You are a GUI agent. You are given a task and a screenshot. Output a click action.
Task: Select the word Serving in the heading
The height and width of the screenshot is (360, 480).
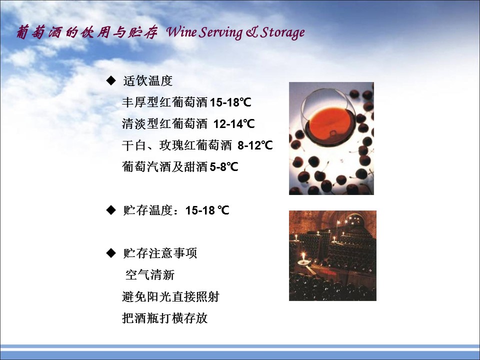coord(220,33)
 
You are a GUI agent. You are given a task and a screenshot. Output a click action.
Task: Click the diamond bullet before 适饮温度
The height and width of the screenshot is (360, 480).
coord(111,80)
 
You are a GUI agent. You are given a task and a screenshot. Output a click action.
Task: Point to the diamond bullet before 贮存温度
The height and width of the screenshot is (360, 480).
coord(111,210)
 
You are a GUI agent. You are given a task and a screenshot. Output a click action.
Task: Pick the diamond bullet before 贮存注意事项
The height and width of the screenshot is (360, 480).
coord(111,253)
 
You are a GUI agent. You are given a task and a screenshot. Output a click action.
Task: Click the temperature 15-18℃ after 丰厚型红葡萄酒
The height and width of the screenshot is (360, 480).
coord(230,102)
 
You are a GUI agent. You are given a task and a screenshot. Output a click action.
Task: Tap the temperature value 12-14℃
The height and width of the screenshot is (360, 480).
coord(234,123)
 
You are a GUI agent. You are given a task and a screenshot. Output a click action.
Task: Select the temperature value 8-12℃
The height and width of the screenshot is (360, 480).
coord(255,145)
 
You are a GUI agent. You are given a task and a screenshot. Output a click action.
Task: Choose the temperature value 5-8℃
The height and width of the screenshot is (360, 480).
coord(224,167)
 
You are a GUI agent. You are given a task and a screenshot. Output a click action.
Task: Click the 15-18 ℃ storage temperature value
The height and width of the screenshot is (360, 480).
coord(207,210)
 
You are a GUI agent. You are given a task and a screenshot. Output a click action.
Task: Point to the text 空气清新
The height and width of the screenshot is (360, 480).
coord(150,274)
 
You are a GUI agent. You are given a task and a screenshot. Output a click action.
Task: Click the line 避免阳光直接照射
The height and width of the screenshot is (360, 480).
coord(170,296)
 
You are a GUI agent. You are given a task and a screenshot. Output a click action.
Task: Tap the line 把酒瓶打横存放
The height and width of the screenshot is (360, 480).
coord(164,318)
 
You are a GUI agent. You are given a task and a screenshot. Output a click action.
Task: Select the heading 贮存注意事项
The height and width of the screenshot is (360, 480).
coord(160,253)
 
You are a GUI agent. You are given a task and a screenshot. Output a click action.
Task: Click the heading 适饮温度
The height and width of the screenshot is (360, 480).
coord(148,81)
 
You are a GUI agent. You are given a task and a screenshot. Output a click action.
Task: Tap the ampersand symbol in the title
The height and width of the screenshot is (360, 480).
coord(251,32)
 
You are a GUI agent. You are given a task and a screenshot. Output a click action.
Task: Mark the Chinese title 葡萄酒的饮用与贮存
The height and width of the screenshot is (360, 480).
coord(87,32)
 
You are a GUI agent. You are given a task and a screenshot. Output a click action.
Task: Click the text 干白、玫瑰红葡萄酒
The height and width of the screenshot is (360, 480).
coord(177,145)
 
